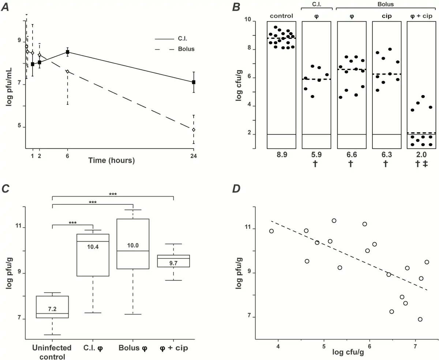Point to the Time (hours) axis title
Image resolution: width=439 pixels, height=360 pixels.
[112, 160]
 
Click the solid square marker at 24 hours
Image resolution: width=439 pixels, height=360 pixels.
[194, 82]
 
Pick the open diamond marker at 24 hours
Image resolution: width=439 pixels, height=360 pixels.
[194, 130]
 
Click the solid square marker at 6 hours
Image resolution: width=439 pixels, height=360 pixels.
[68, 52]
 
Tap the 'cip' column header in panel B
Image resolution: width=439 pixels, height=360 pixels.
[386, 16]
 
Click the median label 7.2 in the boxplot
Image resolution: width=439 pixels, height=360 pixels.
[52, 309]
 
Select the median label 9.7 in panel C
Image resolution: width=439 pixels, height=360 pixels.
[173, 263]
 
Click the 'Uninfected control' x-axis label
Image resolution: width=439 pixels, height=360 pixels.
[52, 352]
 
